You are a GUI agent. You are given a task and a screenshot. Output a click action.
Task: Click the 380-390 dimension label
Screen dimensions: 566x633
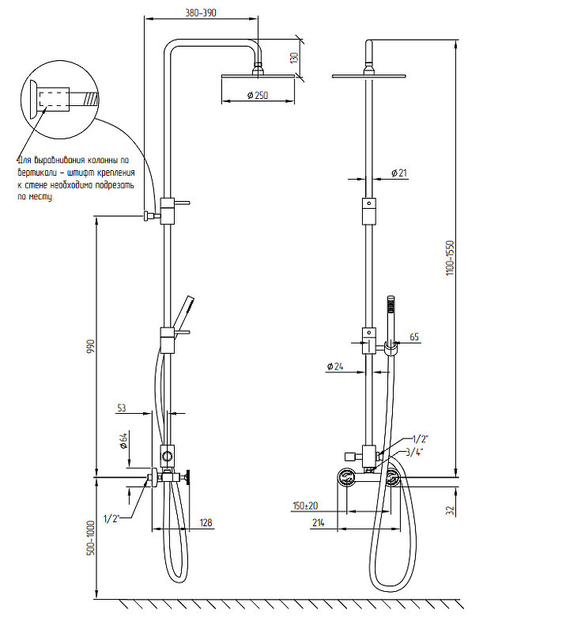[201, 13]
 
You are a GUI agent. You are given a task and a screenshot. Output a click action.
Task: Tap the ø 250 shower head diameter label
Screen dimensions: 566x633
[258, 95]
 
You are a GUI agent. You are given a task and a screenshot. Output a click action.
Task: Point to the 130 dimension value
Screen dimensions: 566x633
[295, 57]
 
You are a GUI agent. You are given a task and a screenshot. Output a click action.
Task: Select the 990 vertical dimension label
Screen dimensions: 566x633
[90, 347]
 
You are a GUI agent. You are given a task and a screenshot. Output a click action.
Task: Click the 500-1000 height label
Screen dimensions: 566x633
[91, 538]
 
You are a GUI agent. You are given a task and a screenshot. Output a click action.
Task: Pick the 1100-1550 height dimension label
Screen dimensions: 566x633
[450, 258]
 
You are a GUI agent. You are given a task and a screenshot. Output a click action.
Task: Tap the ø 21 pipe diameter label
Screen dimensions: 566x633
[399, 173]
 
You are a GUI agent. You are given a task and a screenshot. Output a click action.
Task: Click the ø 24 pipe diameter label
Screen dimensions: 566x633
[335, 366]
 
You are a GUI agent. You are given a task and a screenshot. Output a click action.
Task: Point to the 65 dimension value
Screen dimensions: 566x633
[414, 337]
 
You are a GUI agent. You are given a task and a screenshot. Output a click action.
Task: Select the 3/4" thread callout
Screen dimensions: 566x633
[414, 452]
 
